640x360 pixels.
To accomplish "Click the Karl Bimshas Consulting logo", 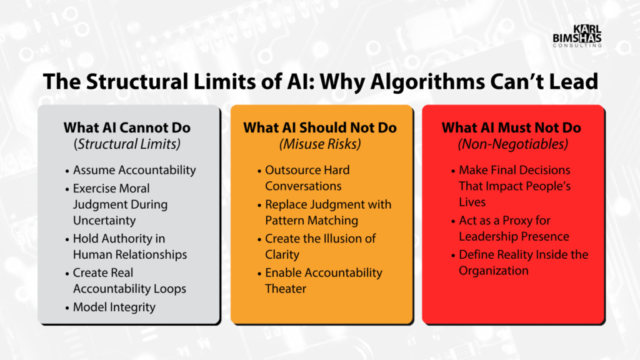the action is pyautogui.click(x=577, y=36).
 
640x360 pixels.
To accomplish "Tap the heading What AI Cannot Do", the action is pyautogui.click(x=127, y=127).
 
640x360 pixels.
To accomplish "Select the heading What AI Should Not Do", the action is pyautogui.click(x=320, y=127).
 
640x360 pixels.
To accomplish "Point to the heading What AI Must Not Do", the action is pyautogui.click(x=511, y=127).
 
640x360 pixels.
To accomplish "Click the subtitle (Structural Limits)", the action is pyautogui.click(x=127, y=144).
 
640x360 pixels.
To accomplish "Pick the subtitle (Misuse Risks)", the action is pyautogui.click(x=320, y=144).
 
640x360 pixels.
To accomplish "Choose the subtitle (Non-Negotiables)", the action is pyautogui.click(x=513, y=144).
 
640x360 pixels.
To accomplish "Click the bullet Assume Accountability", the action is pyautogui.click(x=134, y=170).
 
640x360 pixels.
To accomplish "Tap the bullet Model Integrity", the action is pyautogui.click(x=114, y=307).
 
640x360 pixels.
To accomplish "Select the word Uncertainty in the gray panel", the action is pyautogui.click(x=104, y=221).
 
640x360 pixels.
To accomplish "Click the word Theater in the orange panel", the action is pyautogui.click(x=286, y=289).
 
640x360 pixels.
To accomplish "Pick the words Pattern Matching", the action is pyautogui.click(x=312, y=221).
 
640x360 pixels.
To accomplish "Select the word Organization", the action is pyautogui.click(x=494, y=271).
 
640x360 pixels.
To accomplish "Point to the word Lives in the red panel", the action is pyautogui.click(x=472, y=202).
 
